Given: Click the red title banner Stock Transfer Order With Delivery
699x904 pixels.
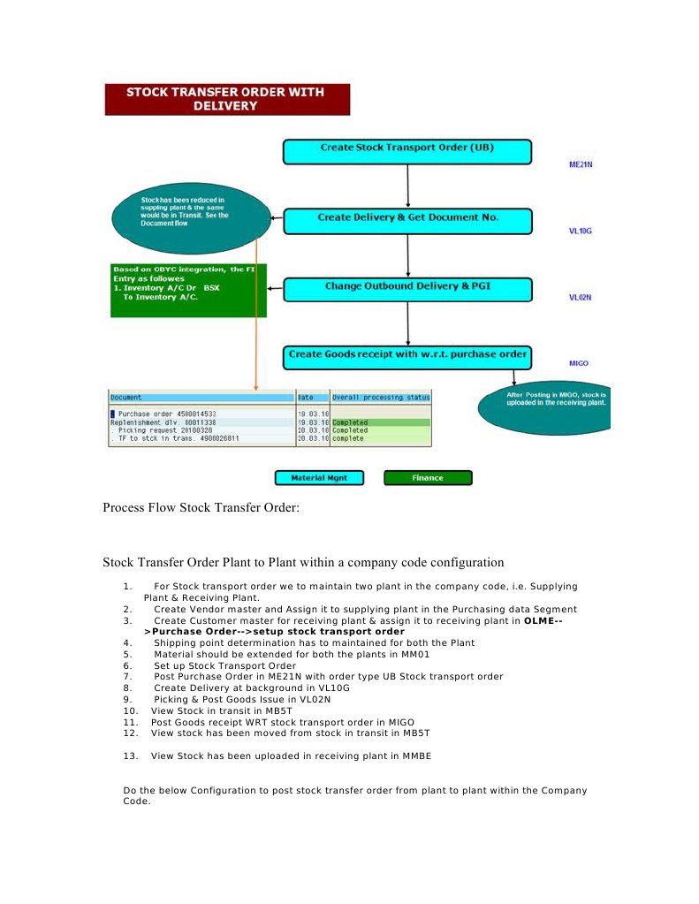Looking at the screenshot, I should [x=227, y=99].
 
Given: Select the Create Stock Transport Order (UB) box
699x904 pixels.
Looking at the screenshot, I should [x=406, y=151].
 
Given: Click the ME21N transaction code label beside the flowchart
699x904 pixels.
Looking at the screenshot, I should [x=580, y=164].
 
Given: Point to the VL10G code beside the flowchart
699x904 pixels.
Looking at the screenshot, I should [x=580, y=231].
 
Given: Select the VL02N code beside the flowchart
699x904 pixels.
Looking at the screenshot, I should [x=580, y=298].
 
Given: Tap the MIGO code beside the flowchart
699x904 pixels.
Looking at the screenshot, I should [x=579, y=363].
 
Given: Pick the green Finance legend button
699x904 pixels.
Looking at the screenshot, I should [x=428, y=478].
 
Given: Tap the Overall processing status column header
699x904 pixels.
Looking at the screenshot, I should [x=382, y=398].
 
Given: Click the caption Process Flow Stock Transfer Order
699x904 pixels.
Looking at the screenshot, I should [x=201, y=507].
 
